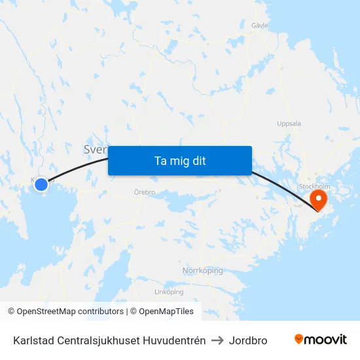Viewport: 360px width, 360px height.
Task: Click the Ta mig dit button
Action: point(180,160)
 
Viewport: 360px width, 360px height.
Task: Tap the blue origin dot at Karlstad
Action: point(41,185)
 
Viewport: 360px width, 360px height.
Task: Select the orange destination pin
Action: point(319,198)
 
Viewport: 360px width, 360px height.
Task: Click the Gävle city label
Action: point(260,25)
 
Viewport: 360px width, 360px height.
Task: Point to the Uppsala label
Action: point(289,123)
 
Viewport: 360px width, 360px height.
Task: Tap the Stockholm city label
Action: point(314,186)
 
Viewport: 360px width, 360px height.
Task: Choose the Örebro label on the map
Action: point(144,192)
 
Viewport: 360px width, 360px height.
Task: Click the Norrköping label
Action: point(202,270)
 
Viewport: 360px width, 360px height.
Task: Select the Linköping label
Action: point(169,292)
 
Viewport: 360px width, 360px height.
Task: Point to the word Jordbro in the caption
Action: point(248,340)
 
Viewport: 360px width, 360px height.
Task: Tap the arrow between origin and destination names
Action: point(217,340)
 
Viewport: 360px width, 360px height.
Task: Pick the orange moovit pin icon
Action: point(299,339)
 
